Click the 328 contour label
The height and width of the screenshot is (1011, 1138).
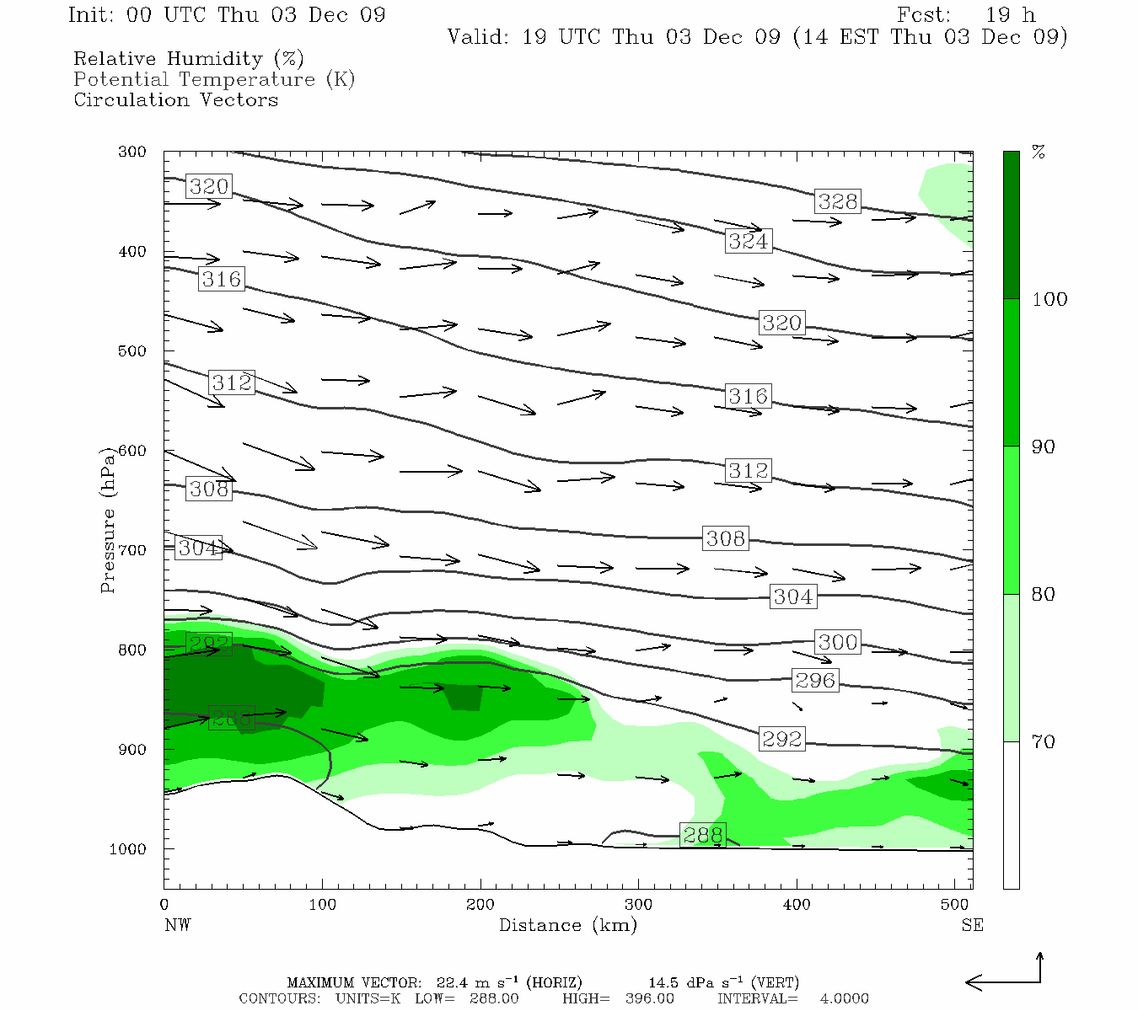[x=838, y=201]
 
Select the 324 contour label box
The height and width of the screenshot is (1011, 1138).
[x=749, y=242]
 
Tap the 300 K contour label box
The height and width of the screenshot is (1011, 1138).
[x=838, y=642]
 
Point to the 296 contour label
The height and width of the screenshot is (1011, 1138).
[x=815, y=681]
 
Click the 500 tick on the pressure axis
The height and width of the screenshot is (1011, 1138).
[x=132, y=350]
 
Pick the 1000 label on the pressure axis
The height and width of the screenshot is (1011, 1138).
[x=127, y=848]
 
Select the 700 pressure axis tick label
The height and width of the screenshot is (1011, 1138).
[x=132, y=550]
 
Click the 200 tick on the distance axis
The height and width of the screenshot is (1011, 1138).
[x=480, y=904]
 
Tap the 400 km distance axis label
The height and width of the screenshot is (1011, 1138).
[x=797, y=904]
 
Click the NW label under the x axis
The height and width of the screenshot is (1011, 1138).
[x=178, y=925]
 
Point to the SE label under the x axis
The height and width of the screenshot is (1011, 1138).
[x=972, y=925]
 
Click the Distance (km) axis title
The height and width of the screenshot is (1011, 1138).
[x=568, y=925]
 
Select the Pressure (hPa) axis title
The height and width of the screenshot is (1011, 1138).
[x=107, y=520]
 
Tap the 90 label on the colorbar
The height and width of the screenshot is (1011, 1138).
[x=1043, y=447]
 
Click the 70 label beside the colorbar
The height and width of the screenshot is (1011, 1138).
[x=1043, y=742]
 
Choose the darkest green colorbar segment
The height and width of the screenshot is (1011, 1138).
[x=1012, y=225]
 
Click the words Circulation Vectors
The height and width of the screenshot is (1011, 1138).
[x=176, y=100]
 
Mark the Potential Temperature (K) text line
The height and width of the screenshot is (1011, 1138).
[x=214, y=80]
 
